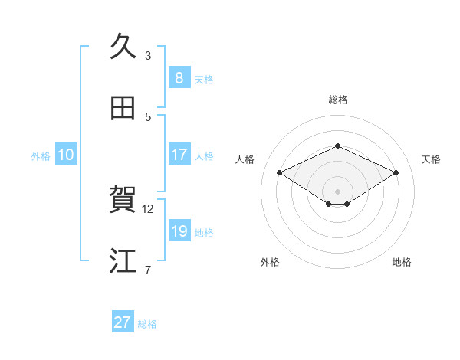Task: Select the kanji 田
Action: coord(123,107)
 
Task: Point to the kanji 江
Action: coord(123,260)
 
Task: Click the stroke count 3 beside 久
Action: coord(148,55)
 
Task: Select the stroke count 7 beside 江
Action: coord(148,270)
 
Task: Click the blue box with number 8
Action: coord(179,77)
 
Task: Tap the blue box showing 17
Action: coord(179,154)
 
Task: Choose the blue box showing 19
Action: coord(179,231)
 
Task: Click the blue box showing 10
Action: coord(65,155)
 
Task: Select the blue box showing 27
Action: coord(122,322)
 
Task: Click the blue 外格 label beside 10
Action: coord(41,155)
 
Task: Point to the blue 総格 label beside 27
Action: coord(147,323)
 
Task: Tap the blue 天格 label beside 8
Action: coord(204,79)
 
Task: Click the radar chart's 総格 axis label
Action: coord(337,100)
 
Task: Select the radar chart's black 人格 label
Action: coord(245,159)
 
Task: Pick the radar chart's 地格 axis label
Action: coord(402,262)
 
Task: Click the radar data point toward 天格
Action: coord(396,172)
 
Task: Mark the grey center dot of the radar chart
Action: coord(337,190)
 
